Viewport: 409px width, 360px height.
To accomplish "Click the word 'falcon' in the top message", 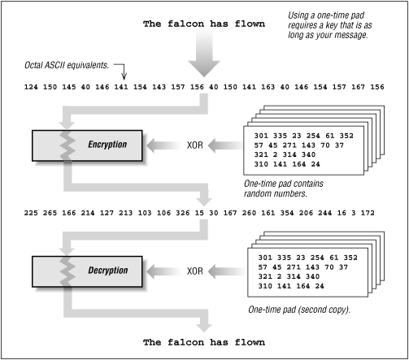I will [189, 24].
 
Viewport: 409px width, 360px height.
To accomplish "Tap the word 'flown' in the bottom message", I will [248, 342].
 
